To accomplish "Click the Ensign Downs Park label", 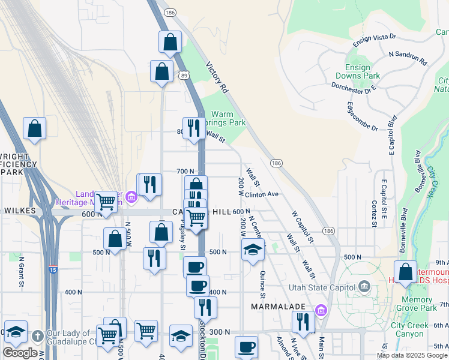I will [x=363, y=72].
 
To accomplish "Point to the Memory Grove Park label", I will [x=418, y=304].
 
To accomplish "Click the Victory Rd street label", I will [x=217, y=78].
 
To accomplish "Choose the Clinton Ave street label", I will [x=262, y=194].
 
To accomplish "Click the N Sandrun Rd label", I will [x=408, y=58].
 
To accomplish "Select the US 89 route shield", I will [x=184, y=75].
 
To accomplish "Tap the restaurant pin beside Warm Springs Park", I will [x=193, y=128].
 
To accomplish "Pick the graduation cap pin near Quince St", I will [x=253, y=249].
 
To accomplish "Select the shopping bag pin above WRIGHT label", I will [x=35, y=128].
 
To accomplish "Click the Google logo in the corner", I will [x=20, y=352].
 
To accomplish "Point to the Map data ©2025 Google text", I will [x=412, y=355].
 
